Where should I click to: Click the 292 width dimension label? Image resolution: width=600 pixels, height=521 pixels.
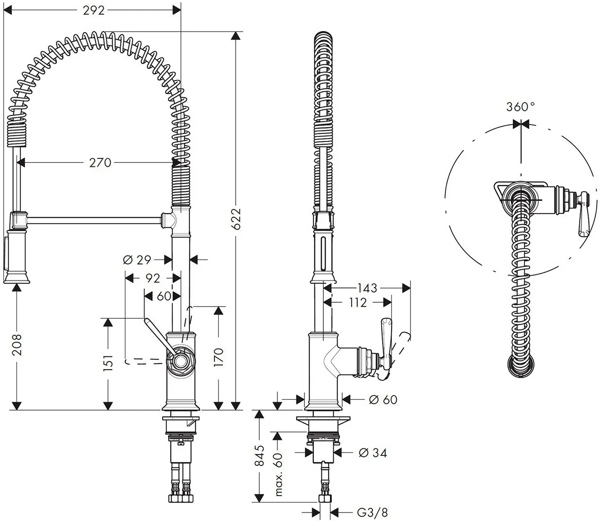pos(93,11)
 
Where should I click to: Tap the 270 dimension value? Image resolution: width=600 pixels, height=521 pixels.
pos(100,163)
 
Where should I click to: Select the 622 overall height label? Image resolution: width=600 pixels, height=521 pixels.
pos(236,219)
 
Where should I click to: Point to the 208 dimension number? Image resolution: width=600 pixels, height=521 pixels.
pos(17,345)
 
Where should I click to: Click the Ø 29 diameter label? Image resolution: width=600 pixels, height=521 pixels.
pos(137,260)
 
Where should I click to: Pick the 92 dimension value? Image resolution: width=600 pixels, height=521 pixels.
pos(153,278)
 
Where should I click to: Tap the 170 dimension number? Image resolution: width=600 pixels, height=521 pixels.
pos(219,357)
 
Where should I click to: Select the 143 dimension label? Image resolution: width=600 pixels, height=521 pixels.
pos(367,288)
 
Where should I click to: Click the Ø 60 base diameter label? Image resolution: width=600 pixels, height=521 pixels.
pos(383,399)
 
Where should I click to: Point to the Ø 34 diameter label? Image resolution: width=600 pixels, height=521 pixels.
pos(373,453)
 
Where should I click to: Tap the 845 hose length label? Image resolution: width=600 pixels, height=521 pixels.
pos(259,455)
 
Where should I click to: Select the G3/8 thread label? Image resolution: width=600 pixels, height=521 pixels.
pos(372,513)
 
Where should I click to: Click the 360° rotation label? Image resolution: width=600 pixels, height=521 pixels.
pos(520,107)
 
